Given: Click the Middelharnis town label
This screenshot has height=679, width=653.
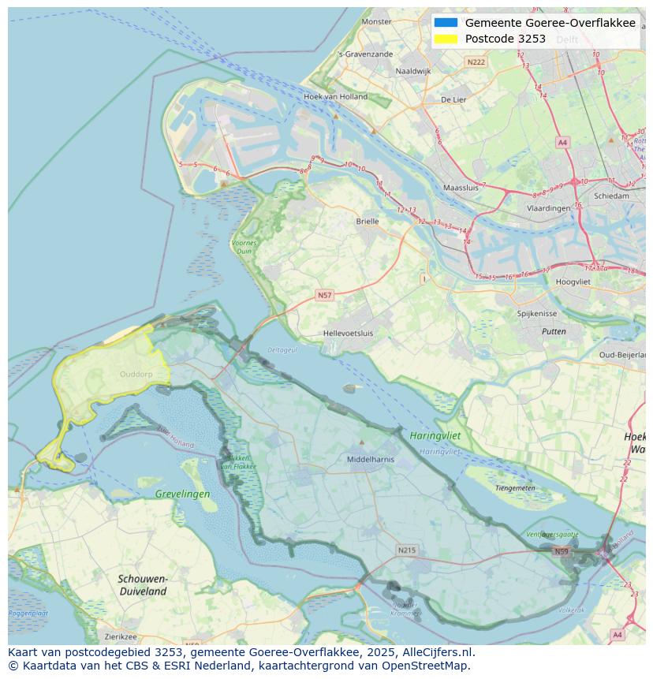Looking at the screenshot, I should click(x=370, y=458).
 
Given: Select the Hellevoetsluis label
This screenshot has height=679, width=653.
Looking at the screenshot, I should click(x=348, y=333).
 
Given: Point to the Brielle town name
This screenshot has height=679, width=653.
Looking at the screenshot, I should click(x=367, y=222).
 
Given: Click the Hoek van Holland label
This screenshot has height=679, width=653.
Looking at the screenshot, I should click(x=335, y=97).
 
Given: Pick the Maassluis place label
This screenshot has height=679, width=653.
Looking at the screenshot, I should click(x=461, y=188).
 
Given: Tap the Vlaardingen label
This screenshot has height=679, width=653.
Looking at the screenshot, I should click(x=548, y=208).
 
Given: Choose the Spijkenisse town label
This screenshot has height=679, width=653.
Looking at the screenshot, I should click(x=536, y=313).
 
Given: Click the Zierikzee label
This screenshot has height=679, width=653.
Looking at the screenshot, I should click(x=121, y=636).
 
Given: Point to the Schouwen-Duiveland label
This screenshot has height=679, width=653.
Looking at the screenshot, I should click(x=143, y=584).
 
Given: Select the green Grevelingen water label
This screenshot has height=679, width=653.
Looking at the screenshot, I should click(x=183, y=494).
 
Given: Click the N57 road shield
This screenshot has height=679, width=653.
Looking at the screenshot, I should click(x=324, y=295).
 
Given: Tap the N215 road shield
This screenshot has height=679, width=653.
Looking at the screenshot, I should click(x=406, y=550).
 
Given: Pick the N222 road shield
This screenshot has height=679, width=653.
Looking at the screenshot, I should click(x=476, y=62).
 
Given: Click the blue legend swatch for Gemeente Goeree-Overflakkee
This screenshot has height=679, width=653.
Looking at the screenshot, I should click(x=445, y=23).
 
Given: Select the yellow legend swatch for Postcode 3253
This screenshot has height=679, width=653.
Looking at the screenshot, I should click(x=445, y=39).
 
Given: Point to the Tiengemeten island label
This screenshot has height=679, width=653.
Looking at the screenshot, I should click(x=515, y=488).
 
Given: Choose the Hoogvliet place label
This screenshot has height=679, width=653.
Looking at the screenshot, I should click(x=573, y=282).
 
